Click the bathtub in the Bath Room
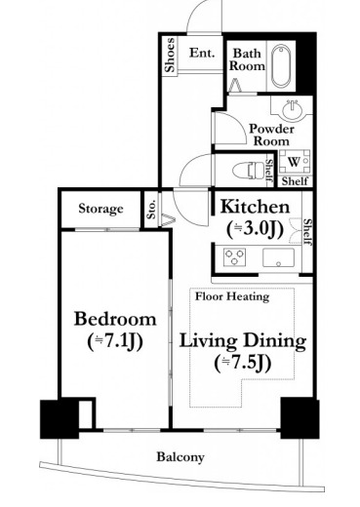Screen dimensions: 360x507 coord(281,66)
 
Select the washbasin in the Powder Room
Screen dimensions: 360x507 coord(292,110)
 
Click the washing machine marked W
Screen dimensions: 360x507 coord(294,162)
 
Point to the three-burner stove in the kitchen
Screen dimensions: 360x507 coord(234,256)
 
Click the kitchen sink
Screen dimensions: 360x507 coord(278,257)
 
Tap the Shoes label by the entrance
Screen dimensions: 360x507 coord(170,55)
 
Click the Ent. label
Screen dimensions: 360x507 coord(202,53)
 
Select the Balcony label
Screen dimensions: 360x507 coord(180,457)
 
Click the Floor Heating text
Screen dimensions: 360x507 coord(232,296)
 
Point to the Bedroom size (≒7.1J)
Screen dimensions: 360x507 coord(115,342)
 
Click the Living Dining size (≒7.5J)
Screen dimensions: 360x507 coord(243,364)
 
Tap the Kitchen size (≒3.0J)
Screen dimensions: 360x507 coord(255,229)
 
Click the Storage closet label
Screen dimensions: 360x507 coord(100,209)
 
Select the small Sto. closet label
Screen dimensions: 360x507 coord(151,209)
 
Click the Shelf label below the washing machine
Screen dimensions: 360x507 coord(295,181)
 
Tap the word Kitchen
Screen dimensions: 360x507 coord(255,207)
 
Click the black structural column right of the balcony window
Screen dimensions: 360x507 coord(300,418)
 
